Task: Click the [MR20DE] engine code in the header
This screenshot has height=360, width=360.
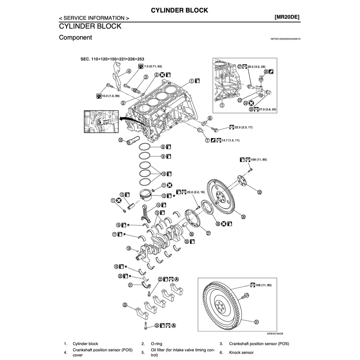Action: coord(287,17)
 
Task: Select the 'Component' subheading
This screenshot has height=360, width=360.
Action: coord(75,37)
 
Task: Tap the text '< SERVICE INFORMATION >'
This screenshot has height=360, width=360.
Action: coord(94,18)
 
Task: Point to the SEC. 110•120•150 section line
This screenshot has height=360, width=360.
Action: coord(111,59)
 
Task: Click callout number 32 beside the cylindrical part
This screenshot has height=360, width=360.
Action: coord(121,140)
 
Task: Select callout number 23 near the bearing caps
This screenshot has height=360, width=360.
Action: coord(125,305)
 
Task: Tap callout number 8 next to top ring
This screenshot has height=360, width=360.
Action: coord(163,147)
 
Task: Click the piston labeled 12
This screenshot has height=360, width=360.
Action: coord(148,197)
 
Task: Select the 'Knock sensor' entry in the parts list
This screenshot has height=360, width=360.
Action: coord(241,352)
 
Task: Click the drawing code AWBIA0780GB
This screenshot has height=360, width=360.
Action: coord(274,333)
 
